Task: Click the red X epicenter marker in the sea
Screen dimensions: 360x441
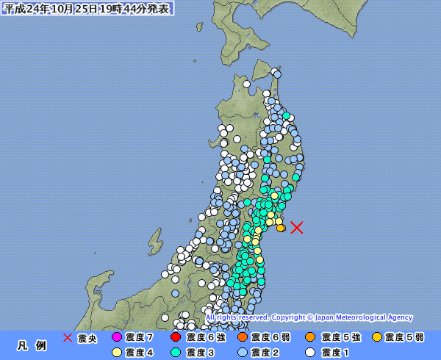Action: (x=296, y=227)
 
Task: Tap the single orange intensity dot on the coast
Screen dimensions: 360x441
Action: (x=281, y=228)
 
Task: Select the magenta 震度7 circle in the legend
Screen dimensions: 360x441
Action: (x=117, y=338)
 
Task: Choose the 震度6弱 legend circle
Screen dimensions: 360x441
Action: (x=242, y=338)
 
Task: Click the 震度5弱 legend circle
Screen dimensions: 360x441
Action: (x=377, y=338)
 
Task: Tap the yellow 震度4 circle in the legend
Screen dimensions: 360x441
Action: (x=117, y=352)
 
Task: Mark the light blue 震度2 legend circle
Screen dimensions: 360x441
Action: (x=242, y=352)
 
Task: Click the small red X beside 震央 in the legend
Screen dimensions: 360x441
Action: (x=68, y=338)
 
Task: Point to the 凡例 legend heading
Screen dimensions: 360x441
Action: (x=32, y=345)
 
